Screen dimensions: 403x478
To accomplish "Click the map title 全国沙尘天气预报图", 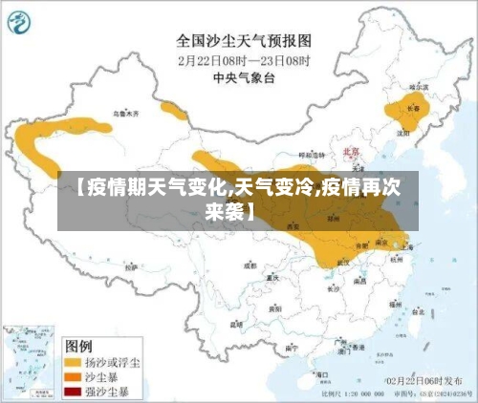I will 244,41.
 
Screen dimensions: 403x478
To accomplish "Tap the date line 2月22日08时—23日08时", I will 245,58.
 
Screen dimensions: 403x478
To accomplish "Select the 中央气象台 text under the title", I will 244,75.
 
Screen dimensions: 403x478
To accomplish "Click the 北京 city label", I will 351,152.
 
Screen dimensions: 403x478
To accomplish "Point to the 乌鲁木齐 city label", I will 125,113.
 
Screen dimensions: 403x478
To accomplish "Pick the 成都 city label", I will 250,265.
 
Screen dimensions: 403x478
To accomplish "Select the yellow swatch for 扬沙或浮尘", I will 73,363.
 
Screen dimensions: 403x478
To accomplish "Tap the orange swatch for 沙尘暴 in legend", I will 73,376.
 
